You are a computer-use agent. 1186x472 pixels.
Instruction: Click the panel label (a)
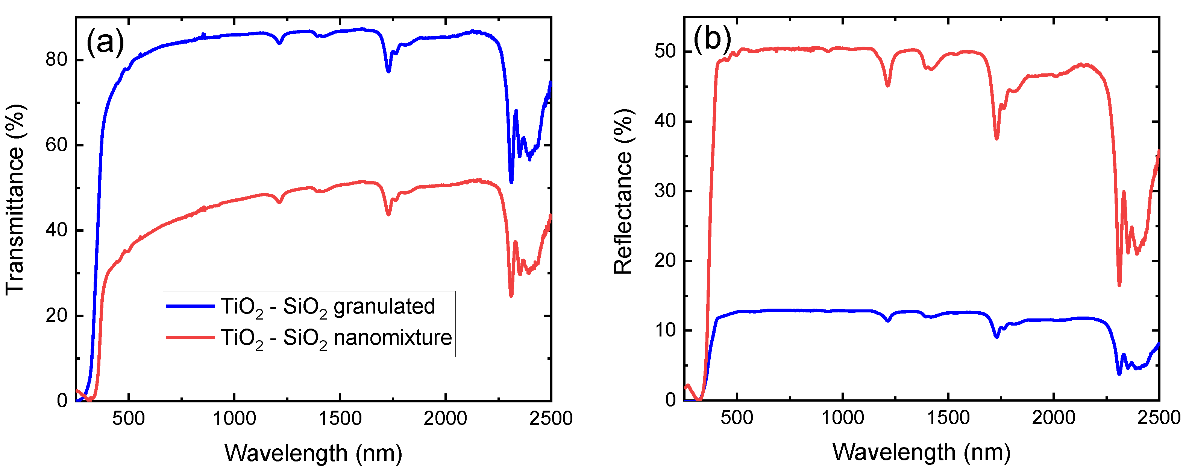point(105,43)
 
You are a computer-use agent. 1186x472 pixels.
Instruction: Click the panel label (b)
point(712,39)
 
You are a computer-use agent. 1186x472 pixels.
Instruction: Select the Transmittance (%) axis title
point(15,199)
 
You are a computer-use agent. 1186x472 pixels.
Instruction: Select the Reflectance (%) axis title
point(623,192)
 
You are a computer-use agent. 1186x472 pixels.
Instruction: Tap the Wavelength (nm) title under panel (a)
point(313,453)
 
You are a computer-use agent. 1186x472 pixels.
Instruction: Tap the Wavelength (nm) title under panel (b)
point(921,452)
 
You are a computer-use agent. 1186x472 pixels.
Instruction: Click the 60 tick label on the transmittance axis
point(56,145)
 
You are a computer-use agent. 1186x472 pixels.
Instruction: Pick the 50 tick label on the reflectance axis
point(665,51)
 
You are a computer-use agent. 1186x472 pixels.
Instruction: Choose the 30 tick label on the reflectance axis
point(665,191)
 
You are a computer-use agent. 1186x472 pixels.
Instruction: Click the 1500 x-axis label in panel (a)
point(340,419)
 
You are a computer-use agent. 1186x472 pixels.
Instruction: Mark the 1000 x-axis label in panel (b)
point(843,417)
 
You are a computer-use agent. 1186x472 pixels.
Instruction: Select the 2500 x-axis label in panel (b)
point(1159,417)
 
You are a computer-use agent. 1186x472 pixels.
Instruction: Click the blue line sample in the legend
point(190,306)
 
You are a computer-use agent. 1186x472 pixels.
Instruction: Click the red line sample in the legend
point(190,337)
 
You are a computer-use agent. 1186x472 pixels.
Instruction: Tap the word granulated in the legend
point(384,306)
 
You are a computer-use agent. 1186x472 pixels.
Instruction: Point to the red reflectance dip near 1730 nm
point(997,137)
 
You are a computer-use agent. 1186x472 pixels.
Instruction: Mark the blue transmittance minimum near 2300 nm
point(511,181)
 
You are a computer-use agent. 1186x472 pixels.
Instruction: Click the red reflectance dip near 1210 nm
point(888,85)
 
